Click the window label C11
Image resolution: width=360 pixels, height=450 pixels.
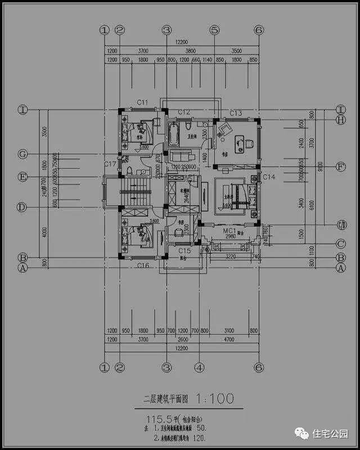coord(142,102)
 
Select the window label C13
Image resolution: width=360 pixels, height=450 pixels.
coord(235,114)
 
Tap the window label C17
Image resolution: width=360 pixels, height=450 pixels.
coord(110,164)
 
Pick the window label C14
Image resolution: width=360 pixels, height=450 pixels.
coord(269,177)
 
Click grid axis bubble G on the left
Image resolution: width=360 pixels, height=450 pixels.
coord(22,154)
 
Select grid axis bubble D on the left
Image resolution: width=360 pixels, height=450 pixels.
coord(22,207)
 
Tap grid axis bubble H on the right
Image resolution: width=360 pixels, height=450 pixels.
coord(340,119)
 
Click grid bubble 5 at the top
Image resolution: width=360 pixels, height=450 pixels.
coord(214,30)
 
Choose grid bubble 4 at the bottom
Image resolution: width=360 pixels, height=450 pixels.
coord(199,367)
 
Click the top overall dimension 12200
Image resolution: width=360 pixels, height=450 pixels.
coord(181,49)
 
